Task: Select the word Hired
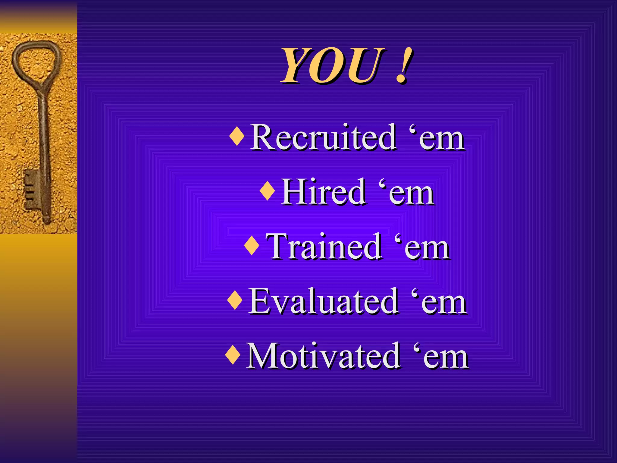[324, 192]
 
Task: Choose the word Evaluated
[323, 301]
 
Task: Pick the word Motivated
[323, 356]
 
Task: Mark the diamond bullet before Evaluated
[235, 300]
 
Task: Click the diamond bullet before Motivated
[233, 355]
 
